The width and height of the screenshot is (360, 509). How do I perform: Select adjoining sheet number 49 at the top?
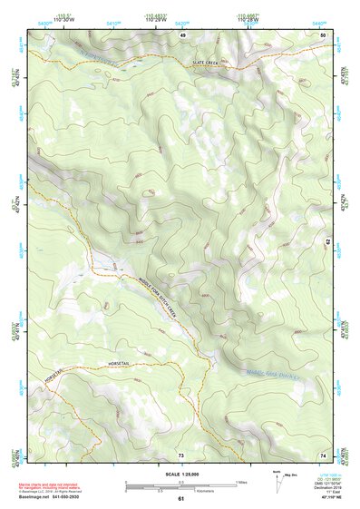(x=182, y=34)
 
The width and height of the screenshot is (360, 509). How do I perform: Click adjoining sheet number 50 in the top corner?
(x=323, y=34)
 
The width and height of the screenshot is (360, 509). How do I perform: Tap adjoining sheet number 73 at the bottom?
(x=180, y=454)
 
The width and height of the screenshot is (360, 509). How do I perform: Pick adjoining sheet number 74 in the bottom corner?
(x=323, y=454)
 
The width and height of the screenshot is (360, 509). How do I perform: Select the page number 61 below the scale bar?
(x=180, y=499)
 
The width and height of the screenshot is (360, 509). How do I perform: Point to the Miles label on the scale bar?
(x=242, y=482)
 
